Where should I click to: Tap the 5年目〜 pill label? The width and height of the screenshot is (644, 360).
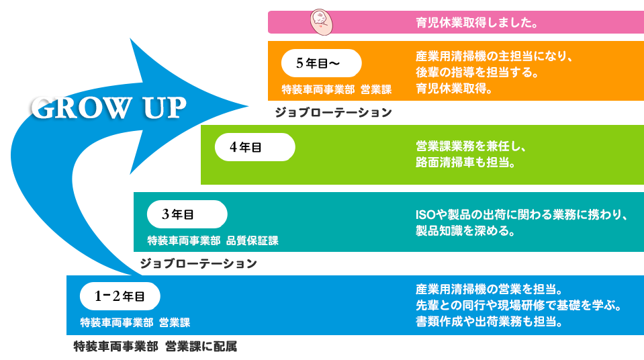click(321, 63)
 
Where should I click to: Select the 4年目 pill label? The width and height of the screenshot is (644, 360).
click(255, 147)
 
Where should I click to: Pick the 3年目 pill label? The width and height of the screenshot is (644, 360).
click(187, 214)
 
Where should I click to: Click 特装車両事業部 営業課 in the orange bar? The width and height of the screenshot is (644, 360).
click(336, 89)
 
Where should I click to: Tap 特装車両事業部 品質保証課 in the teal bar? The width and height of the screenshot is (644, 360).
click(212, 240)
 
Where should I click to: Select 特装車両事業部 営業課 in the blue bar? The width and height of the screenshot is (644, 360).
click(135, 322)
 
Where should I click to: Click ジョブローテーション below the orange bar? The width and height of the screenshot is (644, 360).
click(332, 113)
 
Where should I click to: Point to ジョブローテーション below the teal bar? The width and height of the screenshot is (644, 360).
click(198, 264)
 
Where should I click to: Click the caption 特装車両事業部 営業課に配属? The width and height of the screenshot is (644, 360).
click(155, 347)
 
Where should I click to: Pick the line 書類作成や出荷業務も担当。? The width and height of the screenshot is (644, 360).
click(488, 322)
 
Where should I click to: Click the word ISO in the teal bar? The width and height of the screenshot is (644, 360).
click(427, 216)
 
